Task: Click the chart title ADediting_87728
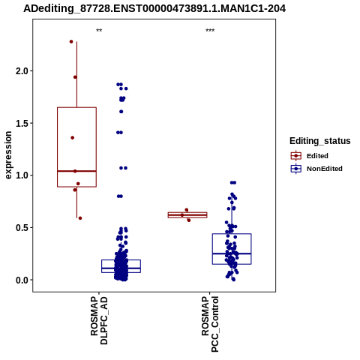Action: pos(154,9)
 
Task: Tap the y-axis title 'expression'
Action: pos(8,155)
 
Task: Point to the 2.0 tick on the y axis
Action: pos(22,71)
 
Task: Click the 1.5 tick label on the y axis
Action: pos(22,123)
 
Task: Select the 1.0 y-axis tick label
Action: pos(22,175)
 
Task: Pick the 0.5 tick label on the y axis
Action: pos(22,228)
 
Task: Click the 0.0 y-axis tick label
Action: pos(22,280)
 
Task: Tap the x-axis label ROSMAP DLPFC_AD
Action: pos(99,321)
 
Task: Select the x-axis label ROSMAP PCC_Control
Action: pos(210,324)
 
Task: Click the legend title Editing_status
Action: pos(320,141)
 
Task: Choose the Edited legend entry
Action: pos(317,156)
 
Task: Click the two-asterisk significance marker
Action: pos(99,31)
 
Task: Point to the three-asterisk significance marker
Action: pos(210,31)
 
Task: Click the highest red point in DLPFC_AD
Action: pos(71,42)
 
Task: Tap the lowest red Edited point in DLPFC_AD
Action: pos(80,218)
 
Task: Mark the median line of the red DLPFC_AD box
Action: pos(76,171)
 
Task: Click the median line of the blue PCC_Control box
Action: pos(232,253)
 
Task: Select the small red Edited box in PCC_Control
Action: pos(187,215)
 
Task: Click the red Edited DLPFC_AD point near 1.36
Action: pos(73,138)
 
